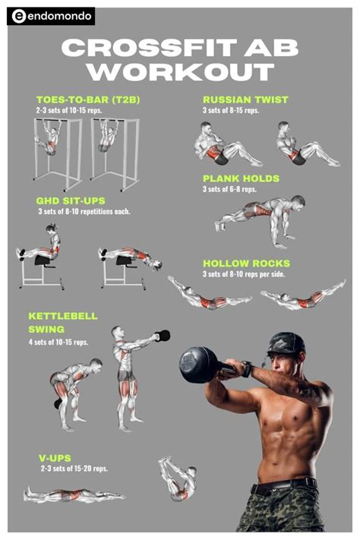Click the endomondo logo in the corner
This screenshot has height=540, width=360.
click(x=51, y=16)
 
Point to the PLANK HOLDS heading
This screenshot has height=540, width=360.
click(x=241, y=179)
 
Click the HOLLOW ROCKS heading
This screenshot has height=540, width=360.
click(x=246, y=264)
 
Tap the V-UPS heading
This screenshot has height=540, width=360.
click(x=55, y=459)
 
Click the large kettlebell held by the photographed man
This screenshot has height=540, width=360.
click(x=200, y=364)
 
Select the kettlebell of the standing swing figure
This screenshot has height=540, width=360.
click(x=162, y=335)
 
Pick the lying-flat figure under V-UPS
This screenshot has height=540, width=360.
click(x=72, y=496)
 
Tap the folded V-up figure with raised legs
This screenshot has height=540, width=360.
click(x=178, y=479)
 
